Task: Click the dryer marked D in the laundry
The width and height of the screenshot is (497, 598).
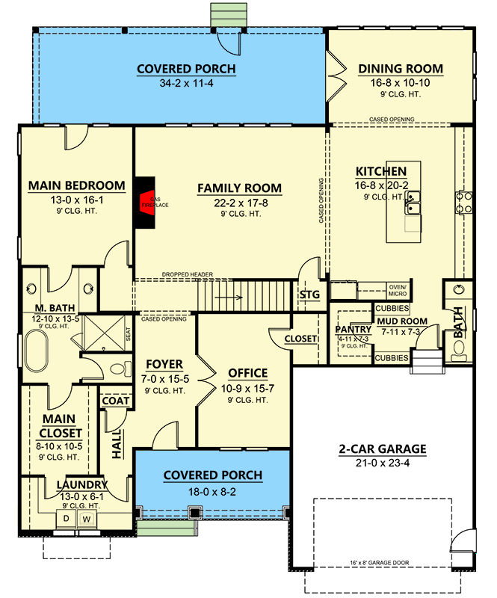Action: tap(65, 517)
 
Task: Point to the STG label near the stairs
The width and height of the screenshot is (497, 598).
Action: tap(309, 295)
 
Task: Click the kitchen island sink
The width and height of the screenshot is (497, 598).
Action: tap(412, 199)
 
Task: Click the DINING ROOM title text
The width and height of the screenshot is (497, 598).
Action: tap(401, 69)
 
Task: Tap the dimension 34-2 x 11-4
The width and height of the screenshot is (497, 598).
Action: tap(186, 84)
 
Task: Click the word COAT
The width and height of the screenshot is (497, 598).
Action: tap(116, 401)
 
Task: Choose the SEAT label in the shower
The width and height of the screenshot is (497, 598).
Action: tap(128, 333)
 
